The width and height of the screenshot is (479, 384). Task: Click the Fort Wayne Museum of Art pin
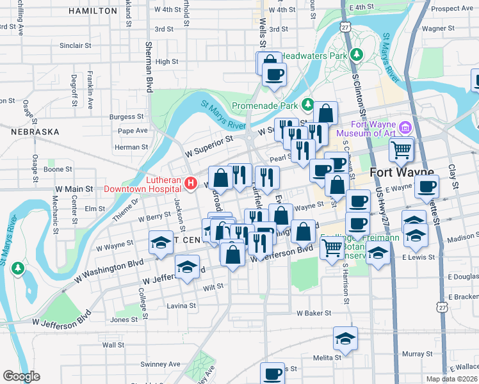pos(405,127)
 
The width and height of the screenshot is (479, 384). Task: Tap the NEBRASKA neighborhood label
pos(35,132)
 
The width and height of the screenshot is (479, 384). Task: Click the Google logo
pos(21,376)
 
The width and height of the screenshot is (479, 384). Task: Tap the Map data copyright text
pos(451,379)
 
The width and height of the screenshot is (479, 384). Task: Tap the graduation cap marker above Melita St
pos(345,339)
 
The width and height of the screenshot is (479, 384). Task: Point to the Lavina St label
pos(181,306)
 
